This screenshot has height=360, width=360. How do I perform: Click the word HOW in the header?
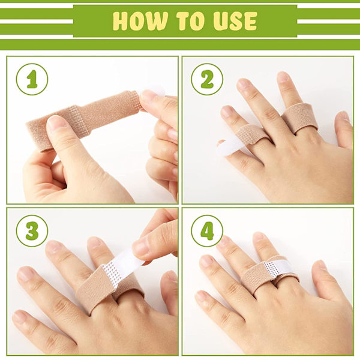click(x=140, y=21)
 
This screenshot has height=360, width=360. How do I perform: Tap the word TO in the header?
click(x=190, y=21)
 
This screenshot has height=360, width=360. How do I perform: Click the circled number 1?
click(x=32, y=79)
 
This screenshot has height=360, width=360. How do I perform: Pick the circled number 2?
click(x=207, y=79)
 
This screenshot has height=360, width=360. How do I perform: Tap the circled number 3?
click(x=32, y=231)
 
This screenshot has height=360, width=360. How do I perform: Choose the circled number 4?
click(x=207, y=231)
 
